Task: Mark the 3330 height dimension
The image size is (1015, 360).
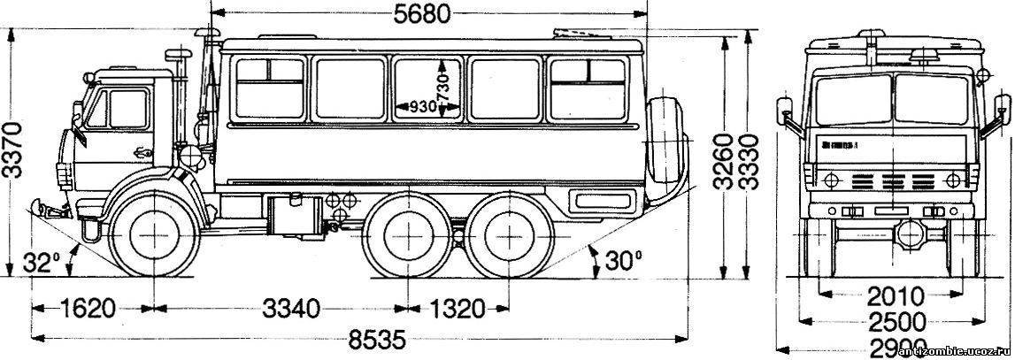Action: [748, 163]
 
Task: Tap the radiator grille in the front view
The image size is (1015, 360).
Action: [892, 180]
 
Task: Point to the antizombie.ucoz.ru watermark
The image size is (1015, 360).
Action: [955, 352]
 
